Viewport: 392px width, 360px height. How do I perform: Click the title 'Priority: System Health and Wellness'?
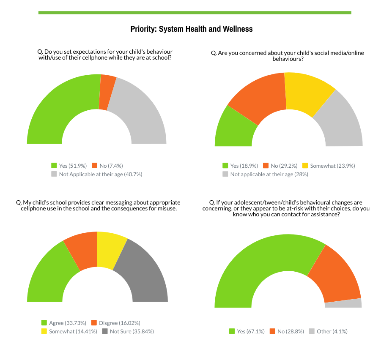(x=191, y=29)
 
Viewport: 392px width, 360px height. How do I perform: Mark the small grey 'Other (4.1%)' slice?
(x=343, y=303)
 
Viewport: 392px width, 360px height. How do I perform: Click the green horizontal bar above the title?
(x=195, y=13)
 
